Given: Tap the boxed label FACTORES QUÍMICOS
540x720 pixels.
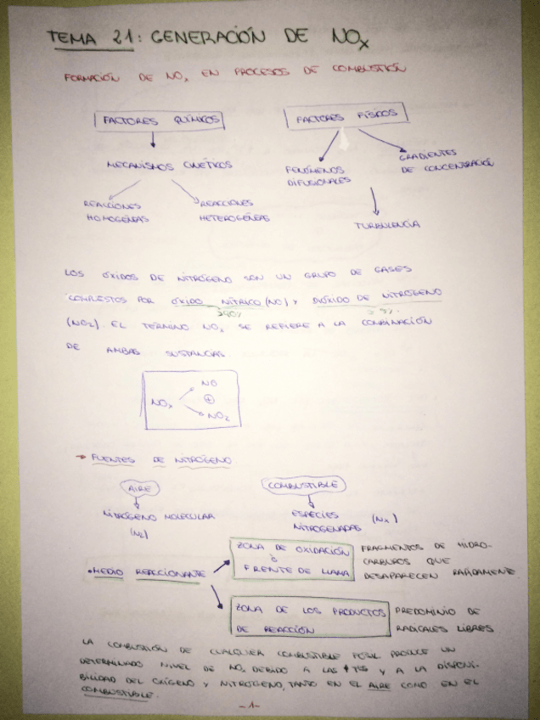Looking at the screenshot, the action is (x=159, y=121).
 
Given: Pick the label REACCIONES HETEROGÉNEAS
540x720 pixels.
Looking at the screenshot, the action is (x=233, y=211).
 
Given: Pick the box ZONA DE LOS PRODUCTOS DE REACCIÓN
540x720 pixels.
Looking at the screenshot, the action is (x=308, y=620).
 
